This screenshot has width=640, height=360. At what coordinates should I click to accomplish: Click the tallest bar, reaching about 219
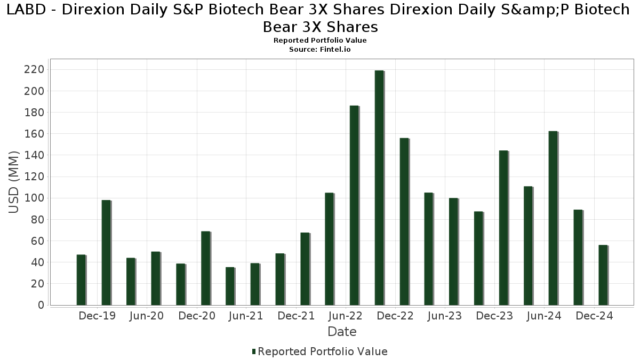tap(379, 188)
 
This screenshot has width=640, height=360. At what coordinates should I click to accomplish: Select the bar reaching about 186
tap(354, 205)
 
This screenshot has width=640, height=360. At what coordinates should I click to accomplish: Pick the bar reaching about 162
tap(553, 218)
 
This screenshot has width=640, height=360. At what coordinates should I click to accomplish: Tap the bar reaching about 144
tap(503, 228)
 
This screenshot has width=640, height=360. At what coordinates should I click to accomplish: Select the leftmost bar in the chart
tap(81, 280)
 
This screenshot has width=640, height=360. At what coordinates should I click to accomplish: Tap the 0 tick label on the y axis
tap(40, 305)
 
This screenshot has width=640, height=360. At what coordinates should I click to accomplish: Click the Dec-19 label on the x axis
tap(97, 316)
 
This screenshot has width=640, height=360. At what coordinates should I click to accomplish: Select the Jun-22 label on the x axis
tap(346, 316)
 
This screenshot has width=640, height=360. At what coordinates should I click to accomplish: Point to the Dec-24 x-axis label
tap(595, 316)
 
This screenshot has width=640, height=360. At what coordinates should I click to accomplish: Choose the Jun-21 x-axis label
tap(246, 316)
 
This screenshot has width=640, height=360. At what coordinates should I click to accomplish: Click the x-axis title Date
tap(342, 332)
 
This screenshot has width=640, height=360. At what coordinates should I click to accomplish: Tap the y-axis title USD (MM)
tap(14, 182)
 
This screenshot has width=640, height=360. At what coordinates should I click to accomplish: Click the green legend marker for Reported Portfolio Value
tap(254, 351)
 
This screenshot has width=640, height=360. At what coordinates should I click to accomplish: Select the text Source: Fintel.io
tap(319, 49)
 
